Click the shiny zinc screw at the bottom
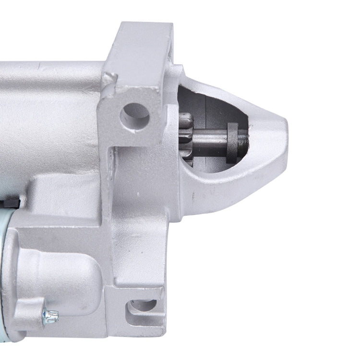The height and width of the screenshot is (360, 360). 50,315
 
